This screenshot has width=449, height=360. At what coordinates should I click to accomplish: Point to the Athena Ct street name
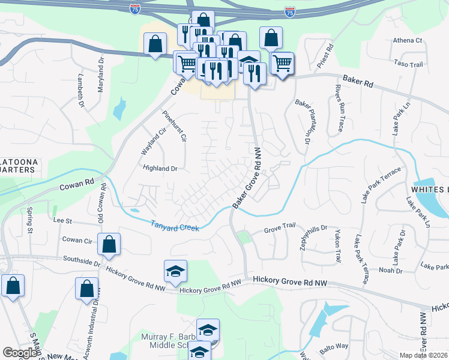tap(408, 40)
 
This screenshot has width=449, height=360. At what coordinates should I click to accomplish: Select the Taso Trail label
tap(409, 63)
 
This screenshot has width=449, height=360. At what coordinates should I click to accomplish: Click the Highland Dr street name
tap(160, 169)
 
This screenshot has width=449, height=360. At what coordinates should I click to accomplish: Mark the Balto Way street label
tap(333, 346)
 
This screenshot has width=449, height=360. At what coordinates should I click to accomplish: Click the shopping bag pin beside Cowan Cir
tap(109, 244)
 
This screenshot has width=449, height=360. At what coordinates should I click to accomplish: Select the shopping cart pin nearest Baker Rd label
tap(282, 62)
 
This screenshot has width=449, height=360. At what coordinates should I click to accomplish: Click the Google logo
tap(20, 353)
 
